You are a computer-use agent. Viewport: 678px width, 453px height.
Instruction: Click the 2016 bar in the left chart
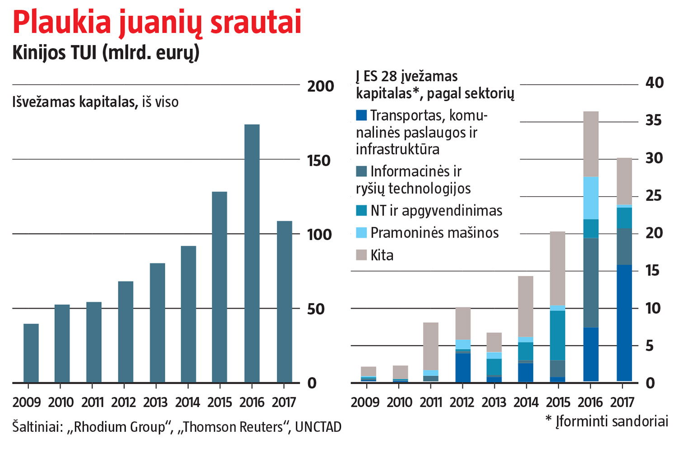point(252,253)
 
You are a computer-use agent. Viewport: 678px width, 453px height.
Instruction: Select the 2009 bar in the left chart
point(31,353)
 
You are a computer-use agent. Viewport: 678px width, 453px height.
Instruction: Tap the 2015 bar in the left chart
point(220,287)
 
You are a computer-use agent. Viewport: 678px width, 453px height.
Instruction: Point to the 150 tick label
point(319,160)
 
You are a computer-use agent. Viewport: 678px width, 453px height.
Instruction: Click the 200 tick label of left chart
point(320,86)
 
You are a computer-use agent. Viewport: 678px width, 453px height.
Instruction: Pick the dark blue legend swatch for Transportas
point(361,115)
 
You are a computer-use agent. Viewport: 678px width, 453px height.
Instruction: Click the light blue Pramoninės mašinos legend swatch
point(361,233)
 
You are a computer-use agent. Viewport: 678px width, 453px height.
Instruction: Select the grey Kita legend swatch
point(361,255)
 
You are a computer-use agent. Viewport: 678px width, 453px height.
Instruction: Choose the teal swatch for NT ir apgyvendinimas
point(361,211)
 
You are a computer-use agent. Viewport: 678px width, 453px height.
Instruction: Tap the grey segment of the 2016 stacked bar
point(591,144)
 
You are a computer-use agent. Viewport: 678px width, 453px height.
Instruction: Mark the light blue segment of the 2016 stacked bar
point(591,198)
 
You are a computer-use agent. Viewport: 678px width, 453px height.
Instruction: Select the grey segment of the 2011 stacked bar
point(431,346)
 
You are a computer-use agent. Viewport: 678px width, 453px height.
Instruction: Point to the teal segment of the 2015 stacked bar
point(558,335)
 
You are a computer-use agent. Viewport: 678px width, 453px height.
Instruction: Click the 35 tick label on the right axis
point(654,120)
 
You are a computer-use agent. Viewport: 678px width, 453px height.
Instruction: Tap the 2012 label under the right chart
point(462,402)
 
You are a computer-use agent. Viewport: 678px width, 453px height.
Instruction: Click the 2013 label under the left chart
point(155,402)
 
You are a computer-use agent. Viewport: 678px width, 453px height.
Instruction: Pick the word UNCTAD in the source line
point(318,427)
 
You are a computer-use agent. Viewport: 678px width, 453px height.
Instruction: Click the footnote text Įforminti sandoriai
point(612,421)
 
